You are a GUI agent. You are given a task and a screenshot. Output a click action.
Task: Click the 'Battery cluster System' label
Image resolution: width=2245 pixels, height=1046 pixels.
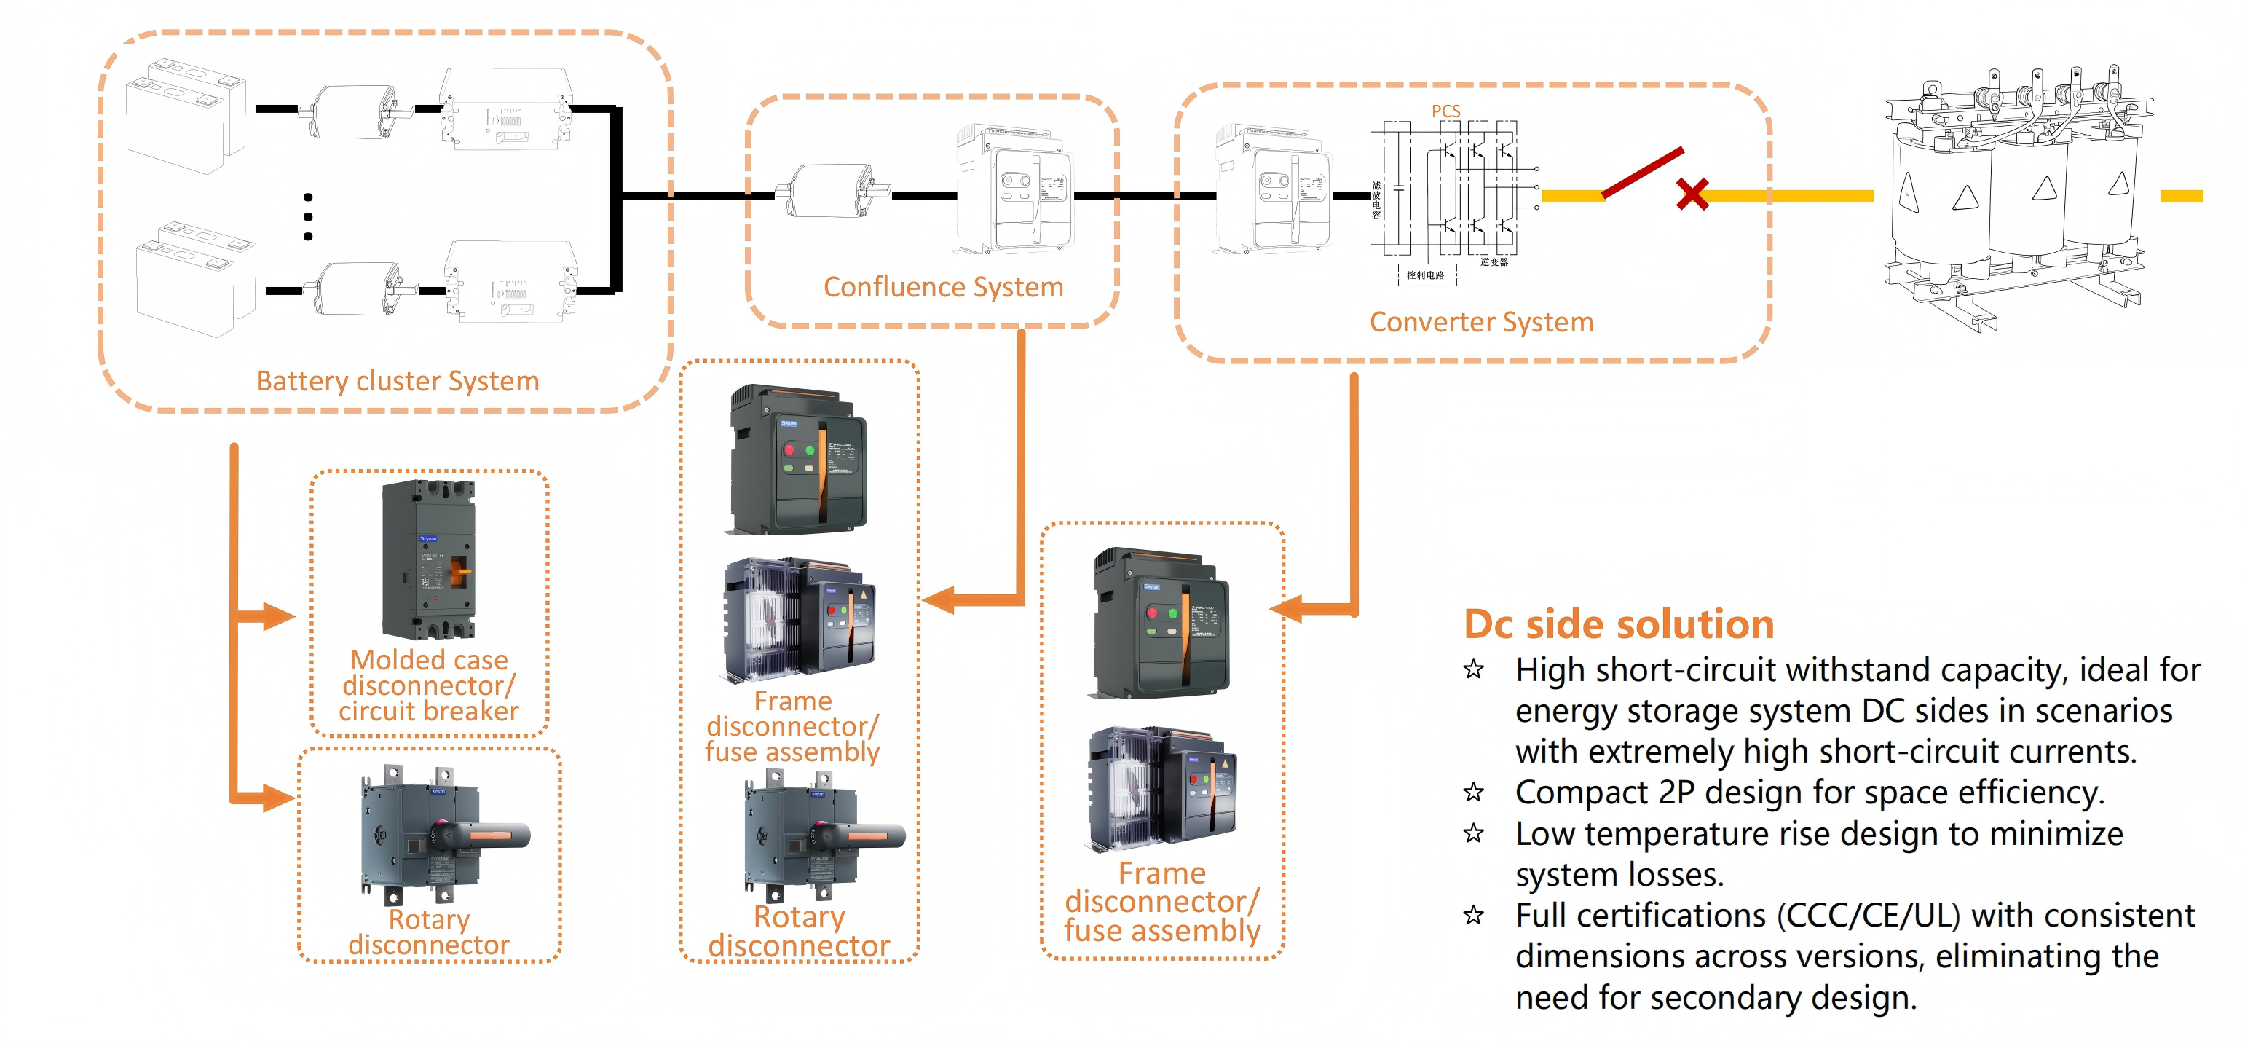(398, 381)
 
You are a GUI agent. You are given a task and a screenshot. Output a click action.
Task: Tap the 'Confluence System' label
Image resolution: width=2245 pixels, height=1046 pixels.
(943, 287)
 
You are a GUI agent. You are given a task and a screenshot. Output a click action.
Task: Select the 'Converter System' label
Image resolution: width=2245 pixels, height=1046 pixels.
(1480, 323)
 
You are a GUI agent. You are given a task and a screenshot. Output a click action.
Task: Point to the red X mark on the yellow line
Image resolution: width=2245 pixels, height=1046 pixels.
(1692, 194)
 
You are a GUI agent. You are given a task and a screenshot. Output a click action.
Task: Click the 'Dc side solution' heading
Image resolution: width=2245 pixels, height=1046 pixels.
(1618, 624)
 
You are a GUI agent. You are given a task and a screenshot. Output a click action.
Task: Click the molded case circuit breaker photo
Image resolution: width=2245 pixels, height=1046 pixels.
(429, 559)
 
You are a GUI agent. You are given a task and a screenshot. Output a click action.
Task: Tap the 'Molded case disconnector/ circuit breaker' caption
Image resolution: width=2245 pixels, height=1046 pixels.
(429, 686)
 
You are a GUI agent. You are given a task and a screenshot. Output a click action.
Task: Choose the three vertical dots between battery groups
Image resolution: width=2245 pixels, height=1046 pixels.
(307, 216)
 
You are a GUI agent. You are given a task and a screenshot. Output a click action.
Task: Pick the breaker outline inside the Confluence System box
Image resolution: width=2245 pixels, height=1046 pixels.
(1014, 190)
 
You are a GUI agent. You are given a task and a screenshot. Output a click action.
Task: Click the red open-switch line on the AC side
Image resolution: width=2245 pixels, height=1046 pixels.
(1643, 173)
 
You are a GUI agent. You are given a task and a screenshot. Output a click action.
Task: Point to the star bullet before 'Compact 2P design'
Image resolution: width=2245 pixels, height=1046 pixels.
(1474, 793)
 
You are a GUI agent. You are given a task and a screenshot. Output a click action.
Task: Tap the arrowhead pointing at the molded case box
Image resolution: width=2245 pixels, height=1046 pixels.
(278, 617)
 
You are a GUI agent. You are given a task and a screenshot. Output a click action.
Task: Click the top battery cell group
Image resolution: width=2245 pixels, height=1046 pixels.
(186, 116)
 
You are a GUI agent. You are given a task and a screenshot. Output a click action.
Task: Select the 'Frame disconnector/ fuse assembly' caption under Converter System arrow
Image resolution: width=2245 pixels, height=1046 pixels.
(1161, 903)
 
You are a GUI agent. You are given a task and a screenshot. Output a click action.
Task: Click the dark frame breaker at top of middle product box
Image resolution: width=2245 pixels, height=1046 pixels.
(798, 460)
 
